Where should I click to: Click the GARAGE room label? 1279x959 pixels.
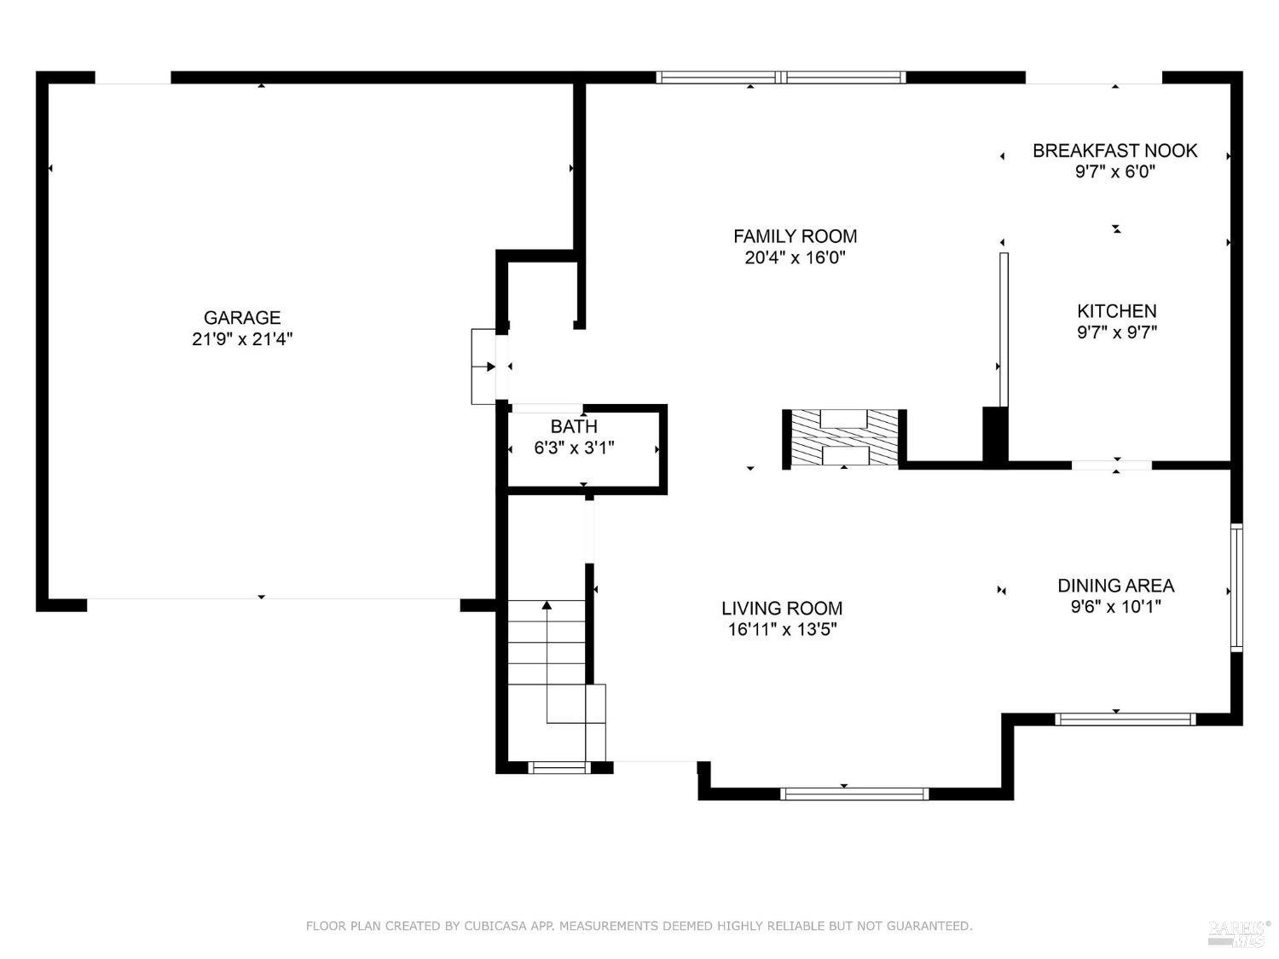(242, 317)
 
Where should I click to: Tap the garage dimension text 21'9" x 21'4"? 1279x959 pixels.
(242, 339)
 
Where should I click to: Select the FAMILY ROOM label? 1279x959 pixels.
(795, 236)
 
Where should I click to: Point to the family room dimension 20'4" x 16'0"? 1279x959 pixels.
(795, 257)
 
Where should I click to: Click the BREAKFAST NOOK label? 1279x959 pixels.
(1114, 151)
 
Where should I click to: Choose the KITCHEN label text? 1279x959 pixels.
(1116, 311)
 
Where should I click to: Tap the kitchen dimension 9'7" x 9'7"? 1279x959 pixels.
(1116, 332)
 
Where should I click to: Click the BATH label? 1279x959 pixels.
(574, 426)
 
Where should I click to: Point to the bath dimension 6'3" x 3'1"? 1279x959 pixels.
(574, 448)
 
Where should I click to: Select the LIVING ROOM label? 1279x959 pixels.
(782, 609)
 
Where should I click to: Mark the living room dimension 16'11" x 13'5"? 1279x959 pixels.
(782, 629)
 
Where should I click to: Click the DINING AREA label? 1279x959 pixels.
(1115, 586)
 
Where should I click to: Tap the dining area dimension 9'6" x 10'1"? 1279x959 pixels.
(1115, 607)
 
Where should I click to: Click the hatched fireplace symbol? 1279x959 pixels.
(844, 437)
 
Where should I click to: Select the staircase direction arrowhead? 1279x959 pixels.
(547, 605)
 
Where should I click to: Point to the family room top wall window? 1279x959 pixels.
(781, 78)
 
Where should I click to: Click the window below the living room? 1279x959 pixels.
(854, 794)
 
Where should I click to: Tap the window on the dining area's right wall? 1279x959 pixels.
(1236, 587)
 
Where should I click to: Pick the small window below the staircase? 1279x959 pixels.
(558, 768)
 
